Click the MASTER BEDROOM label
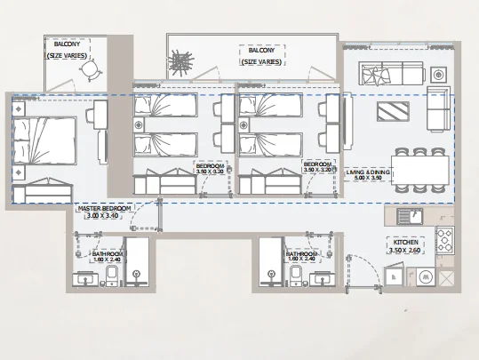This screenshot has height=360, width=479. pos(104,212)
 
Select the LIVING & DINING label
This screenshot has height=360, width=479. pos(368,173)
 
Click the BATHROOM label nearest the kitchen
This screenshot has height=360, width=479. pos(302,257)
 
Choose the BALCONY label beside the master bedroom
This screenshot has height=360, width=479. pos(69,49)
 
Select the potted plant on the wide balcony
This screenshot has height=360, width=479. pos(182,64)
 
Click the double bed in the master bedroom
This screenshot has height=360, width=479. pos(45,141)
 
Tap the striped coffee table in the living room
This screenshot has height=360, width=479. pos(395,112)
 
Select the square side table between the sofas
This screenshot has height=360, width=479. pos(436,72)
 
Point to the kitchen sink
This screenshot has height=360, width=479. pos(408,216)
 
